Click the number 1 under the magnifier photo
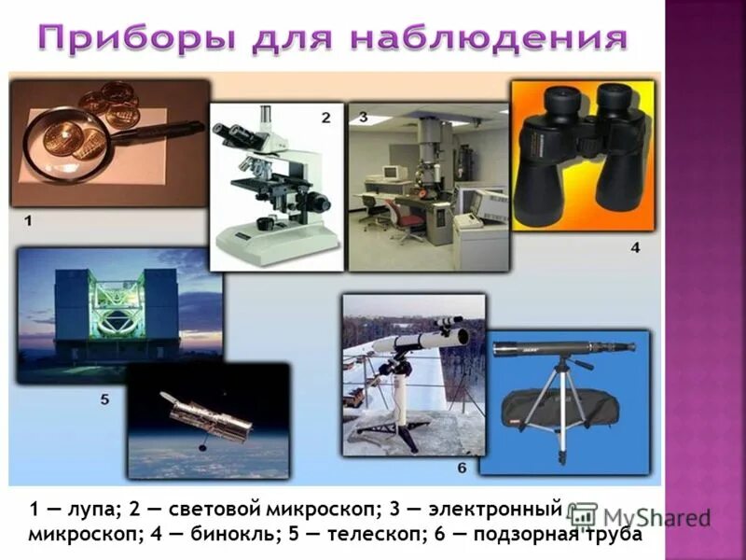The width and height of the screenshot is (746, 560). click(x=28, y=220)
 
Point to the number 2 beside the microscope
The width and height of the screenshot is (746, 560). click(x=325, y=118)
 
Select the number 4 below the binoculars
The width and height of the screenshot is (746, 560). click(x=635, y=248)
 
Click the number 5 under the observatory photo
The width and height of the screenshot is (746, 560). click(x=104, y=399)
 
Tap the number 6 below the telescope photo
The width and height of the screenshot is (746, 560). click(x=462, y=467)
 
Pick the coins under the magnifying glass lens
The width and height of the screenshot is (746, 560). click(x=70, y=145)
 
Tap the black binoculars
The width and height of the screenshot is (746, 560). click(x=583, y=159)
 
